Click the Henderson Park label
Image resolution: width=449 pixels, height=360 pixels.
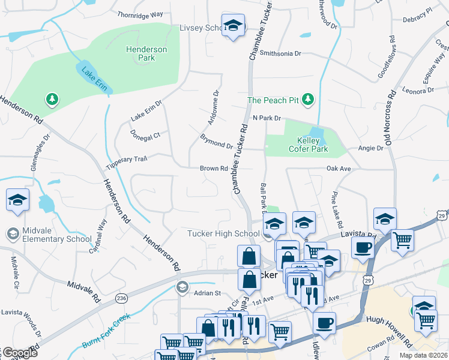point(146,53)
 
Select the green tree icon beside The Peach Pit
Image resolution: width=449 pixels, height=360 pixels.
point(309,99)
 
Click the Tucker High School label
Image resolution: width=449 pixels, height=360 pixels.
point(223,233)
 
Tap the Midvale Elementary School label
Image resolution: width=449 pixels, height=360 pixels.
point(55,234)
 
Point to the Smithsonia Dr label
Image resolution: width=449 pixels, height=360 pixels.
point(280,53)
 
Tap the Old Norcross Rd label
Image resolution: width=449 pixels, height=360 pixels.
point(390,119)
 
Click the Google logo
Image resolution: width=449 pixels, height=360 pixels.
point(20,353)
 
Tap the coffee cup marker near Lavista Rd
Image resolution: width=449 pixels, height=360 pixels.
point(363,248)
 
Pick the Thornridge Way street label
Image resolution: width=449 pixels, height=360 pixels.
point(140,14)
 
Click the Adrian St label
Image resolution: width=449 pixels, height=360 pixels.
point(208,293)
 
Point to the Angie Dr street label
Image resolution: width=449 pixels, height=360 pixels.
point(370,148)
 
